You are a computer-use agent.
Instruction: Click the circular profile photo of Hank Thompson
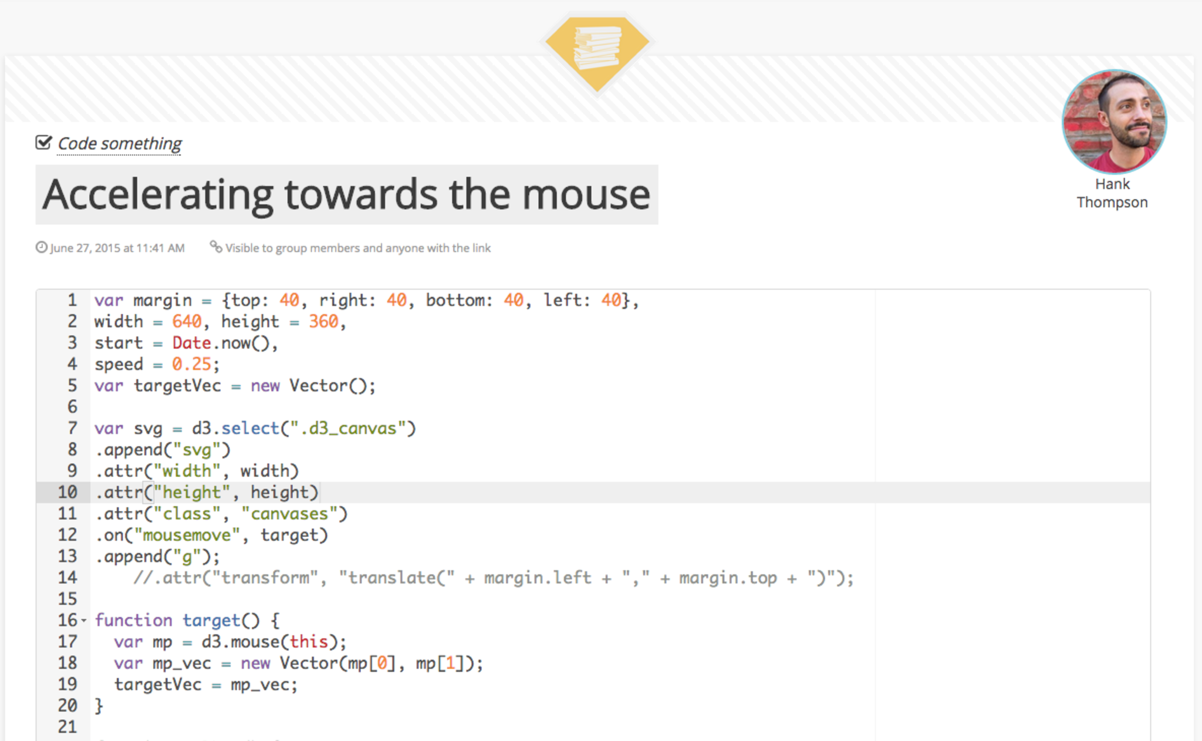(1114, 122)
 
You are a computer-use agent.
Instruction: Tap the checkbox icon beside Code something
(43, 142)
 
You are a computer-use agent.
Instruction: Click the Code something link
(120, 143)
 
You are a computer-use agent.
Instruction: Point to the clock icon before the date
(41, 247)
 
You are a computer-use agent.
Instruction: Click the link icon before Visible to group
(216, 247)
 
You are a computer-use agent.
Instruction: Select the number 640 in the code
(187, 322)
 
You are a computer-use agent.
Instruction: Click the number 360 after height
(323, 322)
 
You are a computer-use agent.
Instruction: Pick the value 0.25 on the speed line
(191, 364)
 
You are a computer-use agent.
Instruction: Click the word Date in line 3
(191, 343)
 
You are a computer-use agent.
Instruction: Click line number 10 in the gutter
(67, 492)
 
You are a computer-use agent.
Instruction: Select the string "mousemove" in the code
(187, 535)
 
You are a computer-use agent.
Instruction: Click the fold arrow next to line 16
(83, 621)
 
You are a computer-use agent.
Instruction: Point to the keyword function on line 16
(133, 621)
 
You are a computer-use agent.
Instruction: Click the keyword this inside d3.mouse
(309, 642)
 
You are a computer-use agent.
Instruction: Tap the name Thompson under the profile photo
(1112, 203)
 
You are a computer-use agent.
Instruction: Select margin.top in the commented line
(728, 578)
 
